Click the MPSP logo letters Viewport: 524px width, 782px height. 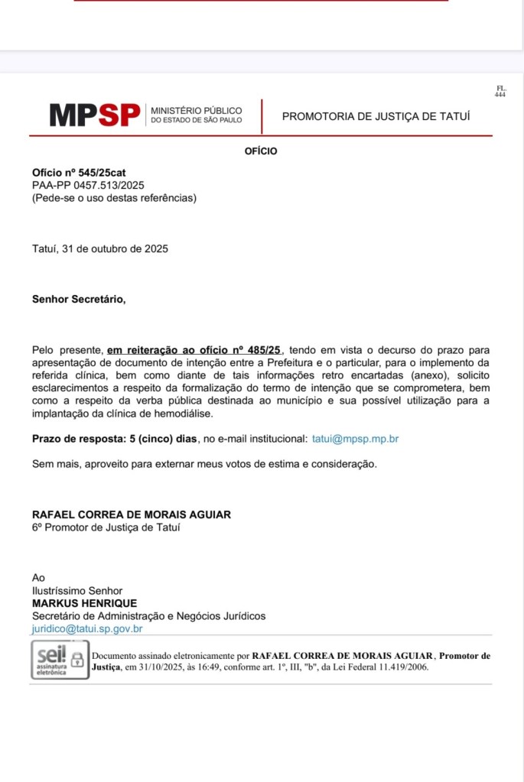95,115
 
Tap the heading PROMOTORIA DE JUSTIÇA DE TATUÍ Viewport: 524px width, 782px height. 376,116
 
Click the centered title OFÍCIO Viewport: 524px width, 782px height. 261,151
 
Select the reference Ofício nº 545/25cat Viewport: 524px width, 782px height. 79,173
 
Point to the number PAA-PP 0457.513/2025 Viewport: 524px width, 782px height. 88,185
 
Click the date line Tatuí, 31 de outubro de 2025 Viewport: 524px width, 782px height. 100,248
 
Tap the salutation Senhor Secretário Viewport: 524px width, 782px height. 79,299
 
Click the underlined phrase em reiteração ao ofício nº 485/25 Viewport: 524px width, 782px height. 194,349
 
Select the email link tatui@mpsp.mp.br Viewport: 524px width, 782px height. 355,439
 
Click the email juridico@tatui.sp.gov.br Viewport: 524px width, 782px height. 87,628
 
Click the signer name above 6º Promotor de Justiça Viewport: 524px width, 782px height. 131,514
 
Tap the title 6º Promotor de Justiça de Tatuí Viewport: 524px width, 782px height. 106,527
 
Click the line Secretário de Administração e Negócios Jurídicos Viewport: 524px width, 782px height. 148,616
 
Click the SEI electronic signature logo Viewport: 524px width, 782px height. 49,659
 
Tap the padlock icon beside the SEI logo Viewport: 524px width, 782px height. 77,659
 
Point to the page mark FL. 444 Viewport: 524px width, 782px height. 500,91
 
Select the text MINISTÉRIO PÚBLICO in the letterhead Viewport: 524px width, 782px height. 197,110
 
